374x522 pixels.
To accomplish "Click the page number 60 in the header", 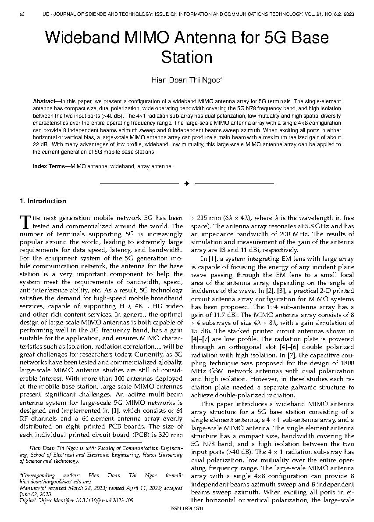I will pyautogui.click(x=22, y=14).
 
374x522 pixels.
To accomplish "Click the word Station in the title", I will pyautogui.click(x=187, y=57).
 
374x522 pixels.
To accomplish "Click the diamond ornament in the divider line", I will pyautogui.click(x=187, y=183).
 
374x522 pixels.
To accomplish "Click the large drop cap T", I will pyautogui.click(x=25, y=221).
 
